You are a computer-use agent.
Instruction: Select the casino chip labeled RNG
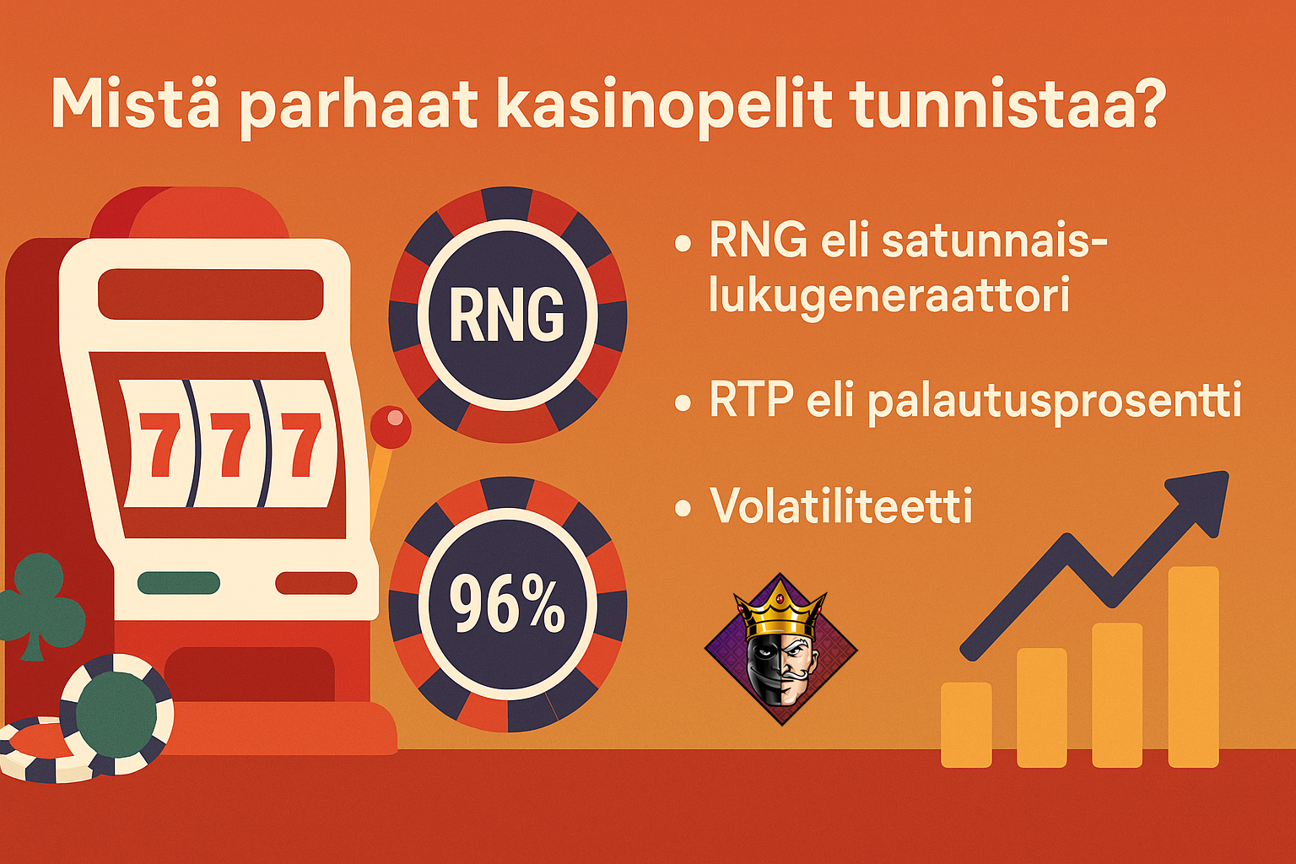506,315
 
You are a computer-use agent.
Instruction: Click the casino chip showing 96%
506,605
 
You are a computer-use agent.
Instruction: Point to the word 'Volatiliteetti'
841,505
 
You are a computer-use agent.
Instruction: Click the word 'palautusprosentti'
1055,402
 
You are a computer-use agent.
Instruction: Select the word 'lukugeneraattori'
889,296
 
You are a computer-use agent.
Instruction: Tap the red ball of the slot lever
391,427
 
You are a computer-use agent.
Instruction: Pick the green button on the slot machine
179,582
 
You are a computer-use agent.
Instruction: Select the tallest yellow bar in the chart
1193,667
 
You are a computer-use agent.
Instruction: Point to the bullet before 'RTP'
683,403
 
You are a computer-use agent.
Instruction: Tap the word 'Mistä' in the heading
138,103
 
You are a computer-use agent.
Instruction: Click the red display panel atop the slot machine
211,294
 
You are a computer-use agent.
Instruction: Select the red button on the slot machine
316,582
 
